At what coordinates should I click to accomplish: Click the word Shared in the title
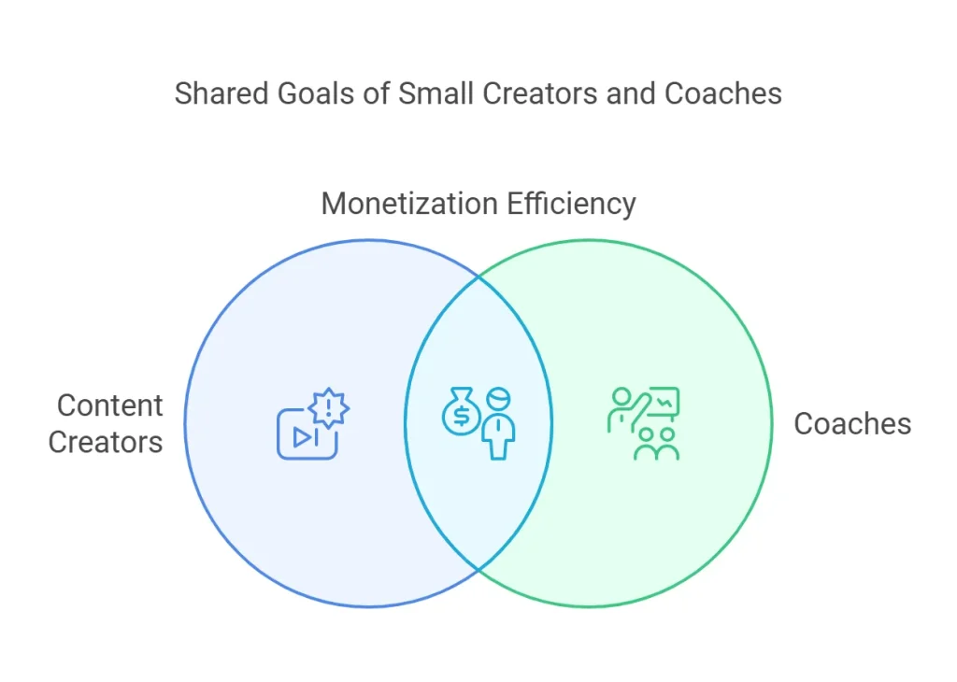coord(221,94)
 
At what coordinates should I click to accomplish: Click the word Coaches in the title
coord(723,94)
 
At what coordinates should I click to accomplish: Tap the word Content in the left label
coord(110,405)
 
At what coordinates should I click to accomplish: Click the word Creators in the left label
coord(106,442)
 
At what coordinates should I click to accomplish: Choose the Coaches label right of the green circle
coord(852,424)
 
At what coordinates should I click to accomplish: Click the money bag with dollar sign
coord(462,411)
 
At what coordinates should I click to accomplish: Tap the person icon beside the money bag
coord(499,423)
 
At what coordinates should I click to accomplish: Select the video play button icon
coord(307,434)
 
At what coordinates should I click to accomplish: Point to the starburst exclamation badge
coord(329,407)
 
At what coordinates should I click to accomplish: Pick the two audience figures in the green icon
coord(657,444)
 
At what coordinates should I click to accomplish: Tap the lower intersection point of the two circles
coord(479,569)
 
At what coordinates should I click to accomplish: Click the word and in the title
coord(631,94)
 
